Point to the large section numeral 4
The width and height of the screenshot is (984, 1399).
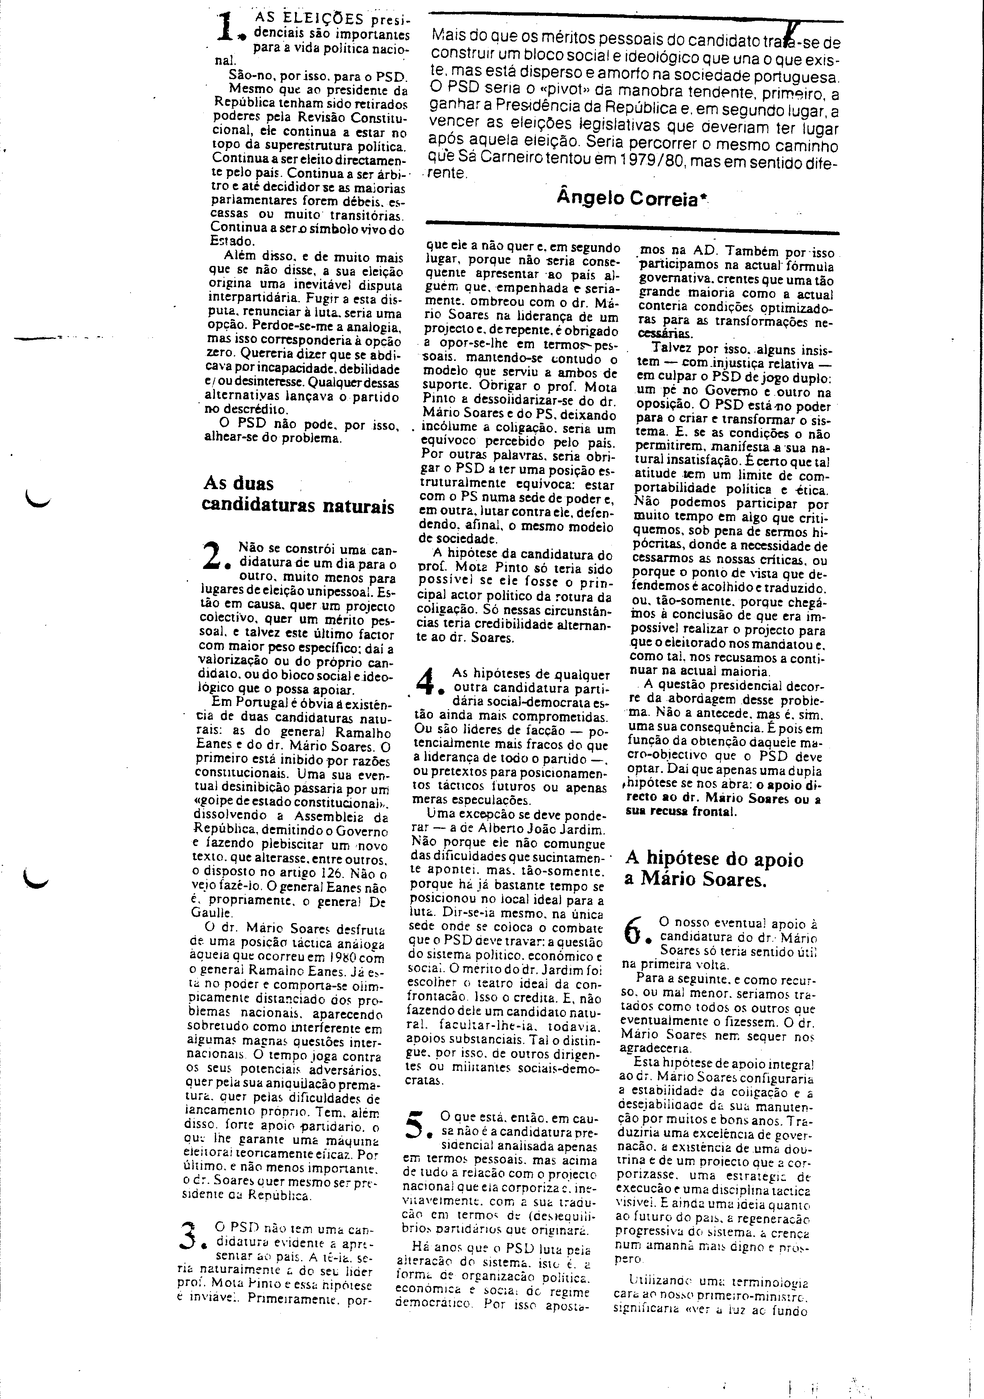430,682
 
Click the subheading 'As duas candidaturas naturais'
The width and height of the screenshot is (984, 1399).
299,495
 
